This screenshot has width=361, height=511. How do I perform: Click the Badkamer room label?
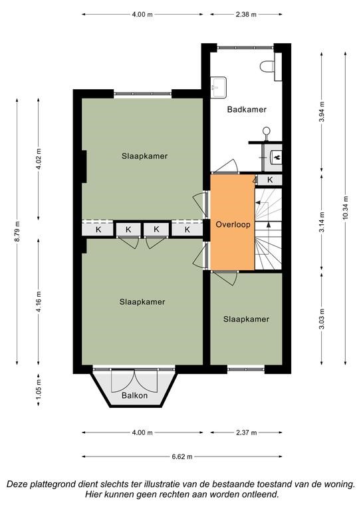(247, 110)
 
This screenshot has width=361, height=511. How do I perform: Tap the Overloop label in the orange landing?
(233, 224)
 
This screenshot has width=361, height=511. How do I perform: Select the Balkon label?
(134, 395)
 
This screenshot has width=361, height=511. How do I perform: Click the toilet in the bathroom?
(267, 67)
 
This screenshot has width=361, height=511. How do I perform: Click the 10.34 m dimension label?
(345, 208)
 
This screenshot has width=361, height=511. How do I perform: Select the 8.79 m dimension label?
(17, 232)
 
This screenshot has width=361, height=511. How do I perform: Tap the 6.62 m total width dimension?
(182, 456)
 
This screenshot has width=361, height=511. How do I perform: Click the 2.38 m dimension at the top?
(247, 15)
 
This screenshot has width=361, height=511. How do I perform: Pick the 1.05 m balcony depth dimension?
(39, 390)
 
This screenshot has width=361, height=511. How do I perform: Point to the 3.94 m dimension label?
(322, 112)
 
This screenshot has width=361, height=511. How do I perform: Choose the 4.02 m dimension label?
(39, 159)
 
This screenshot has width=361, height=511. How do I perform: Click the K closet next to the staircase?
(270, 180)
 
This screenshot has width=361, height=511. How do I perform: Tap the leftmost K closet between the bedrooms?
(98, 230)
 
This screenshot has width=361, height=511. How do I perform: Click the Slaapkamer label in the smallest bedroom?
(246, 319)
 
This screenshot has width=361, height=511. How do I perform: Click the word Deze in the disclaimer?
(17, 484)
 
